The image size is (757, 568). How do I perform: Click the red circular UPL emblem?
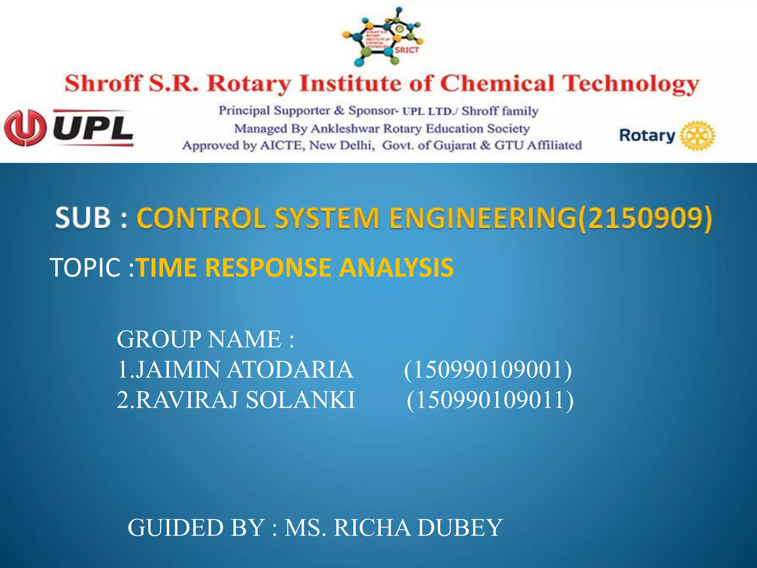point(25,128)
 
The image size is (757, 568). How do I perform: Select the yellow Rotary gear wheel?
point(697,135)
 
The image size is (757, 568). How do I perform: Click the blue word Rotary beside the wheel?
point(647,135)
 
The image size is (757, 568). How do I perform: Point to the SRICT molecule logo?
point(383,37)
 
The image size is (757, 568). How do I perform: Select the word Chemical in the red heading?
point(497,83)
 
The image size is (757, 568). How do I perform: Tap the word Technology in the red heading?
point(631,84)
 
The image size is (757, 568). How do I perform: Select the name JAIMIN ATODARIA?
point(235,369)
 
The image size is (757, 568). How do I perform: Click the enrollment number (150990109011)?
point(490,400)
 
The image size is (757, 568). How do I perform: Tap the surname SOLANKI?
point(300,400)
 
